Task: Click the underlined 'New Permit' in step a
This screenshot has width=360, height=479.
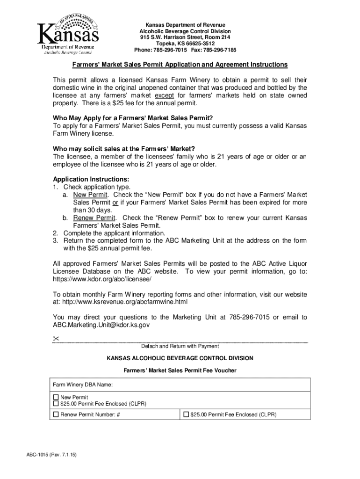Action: tap(91, 195)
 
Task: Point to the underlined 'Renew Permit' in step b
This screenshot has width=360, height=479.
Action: tap(94, 218)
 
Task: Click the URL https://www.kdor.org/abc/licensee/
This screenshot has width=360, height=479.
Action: tap(102, 279)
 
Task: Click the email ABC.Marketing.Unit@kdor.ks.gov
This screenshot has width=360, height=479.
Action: tap(101, 325)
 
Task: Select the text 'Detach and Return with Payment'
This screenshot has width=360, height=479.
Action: tap(180, 346)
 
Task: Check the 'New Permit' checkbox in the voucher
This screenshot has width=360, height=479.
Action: tap(56, 397)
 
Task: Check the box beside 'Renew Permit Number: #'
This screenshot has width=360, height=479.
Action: tap(56, 414)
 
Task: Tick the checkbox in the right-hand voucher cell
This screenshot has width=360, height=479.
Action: tap(186, 414)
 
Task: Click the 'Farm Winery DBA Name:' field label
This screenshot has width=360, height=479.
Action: tap(82, 385)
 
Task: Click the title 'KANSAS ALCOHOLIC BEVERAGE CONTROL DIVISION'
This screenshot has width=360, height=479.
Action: tap(180, 358)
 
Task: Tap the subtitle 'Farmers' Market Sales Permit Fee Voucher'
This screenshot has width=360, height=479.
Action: tap(180, 370)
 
